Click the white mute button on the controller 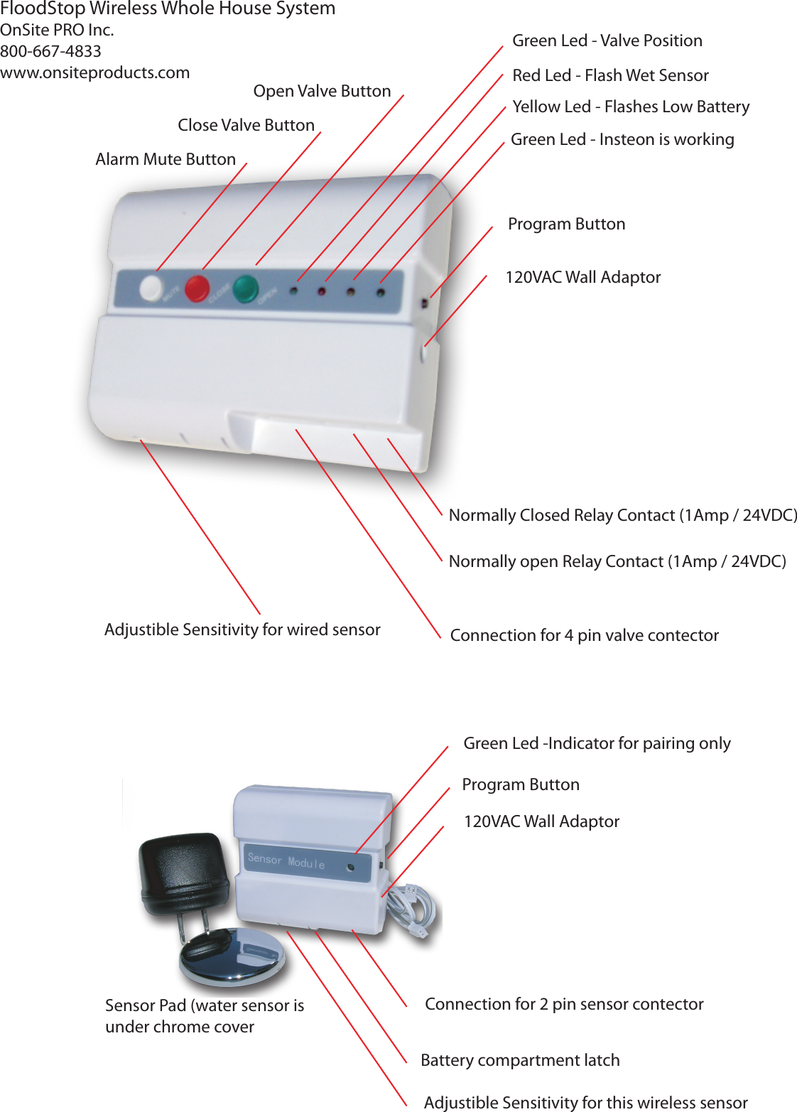pyautogui.click(x=151, y=288)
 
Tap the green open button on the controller pyautogui.click(x=246, y=288)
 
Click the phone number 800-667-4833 pyautogui.click(x=51, y=51)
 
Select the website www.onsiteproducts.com pyautogui.click(x=95, y=72)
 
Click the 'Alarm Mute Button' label pyautogui.click(x=166, y=159)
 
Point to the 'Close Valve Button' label pyautogui.click(x=246, y=125)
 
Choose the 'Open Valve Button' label pyautogui.click(x=322, y=91)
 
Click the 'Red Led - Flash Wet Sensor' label pyautogui.click(x=610, y=75)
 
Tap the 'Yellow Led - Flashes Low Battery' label pyautogui.click(x=631, y=107)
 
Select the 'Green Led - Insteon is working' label pyautogui.click(x=622, y=139)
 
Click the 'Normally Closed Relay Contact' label pyautogui.click(x=622, y=515)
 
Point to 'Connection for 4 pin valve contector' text pyautogui.click(x=584, y=635)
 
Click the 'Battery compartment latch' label pyautogui.click(x=520, y=1060)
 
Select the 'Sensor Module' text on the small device pyautogui.click(x=286, y=860)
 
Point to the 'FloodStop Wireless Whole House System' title pyautogui.click(x=168, y=9)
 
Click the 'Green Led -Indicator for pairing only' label pyautogui.click(x=597, y=743)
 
